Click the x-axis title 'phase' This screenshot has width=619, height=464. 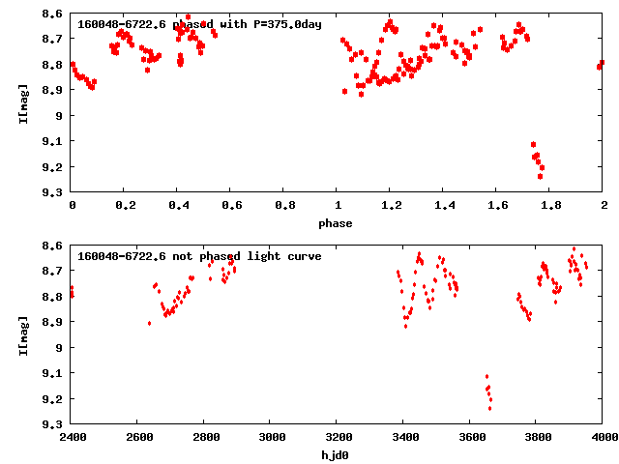(337, 223)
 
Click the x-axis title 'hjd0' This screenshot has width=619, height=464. (337, 455)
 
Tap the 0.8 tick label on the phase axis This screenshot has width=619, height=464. (284, 206)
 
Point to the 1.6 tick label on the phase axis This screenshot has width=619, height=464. (497, 206)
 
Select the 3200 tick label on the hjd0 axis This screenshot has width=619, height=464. (337, 438)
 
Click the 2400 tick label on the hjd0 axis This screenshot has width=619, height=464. (72, 438)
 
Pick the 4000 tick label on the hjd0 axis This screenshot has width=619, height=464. (602, 438)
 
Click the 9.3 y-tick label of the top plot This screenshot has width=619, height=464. (52, 192)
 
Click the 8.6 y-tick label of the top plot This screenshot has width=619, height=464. (52, 13)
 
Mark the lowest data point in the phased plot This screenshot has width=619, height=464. (540, 176)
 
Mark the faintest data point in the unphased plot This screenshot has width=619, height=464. (490, 408)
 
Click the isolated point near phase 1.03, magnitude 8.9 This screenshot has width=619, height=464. (344, 91)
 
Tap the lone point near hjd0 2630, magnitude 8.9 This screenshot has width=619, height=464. (149, 323)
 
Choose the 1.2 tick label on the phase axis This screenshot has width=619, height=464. (391, 206)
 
